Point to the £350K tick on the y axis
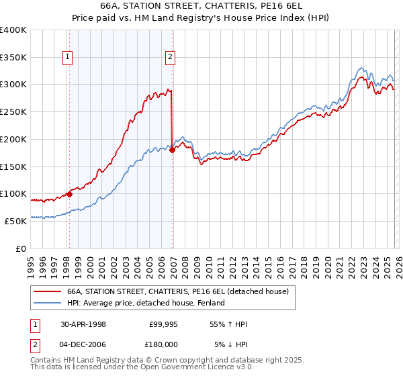coord(13,58)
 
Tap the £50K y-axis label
coord(16,221)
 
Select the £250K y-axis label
coord(13,112)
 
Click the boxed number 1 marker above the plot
coord(69,57)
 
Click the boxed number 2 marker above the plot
coord(171,57)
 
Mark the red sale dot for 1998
coord(69,194)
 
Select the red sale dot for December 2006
coord(172,150)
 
